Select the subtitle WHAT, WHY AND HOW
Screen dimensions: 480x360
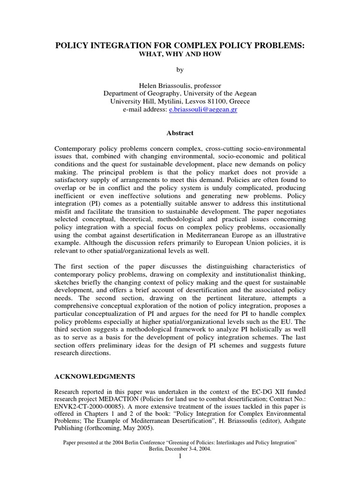[180, 54]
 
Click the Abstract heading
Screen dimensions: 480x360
[180, 133]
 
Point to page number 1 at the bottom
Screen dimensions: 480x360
[180, 457]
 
